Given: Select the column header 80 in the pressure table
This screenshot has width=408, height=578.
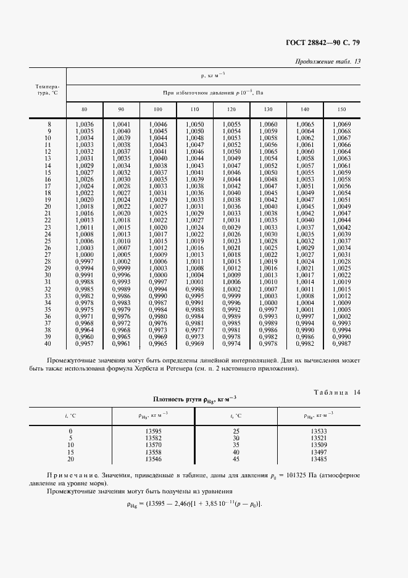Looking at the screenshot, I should (x=84, y=109).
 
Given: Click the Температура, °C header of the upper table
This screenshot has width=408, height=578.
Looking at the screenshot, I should (x=48, y=90).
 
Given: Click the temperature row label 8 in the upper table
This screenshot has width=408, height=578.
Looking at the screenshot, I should (x=49, y=124).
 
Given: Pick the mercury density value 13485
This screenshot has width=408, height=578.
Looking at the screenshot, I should (x=319, y=459).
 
